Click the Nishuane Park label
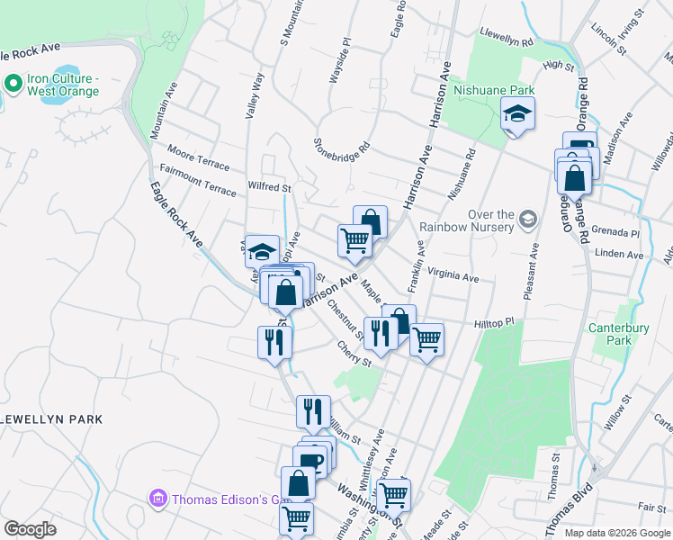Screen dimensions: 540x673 click(x=494, y=90)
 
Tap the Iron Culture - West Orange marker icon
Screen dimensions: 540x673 click(x=13, y=84)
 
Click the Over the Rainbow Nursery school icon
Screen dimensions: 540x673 click(x=527, y=219)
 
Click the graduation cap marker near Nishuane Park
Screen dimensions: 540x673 click(x=517, y=114)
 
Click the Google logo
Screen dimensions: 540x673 click(x=30, y=528)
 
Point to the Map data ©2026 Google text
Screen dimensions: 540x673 click(x=616, y=533)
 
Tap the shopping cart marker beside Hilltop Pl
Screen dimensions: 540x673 click(x=426, y=340)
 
